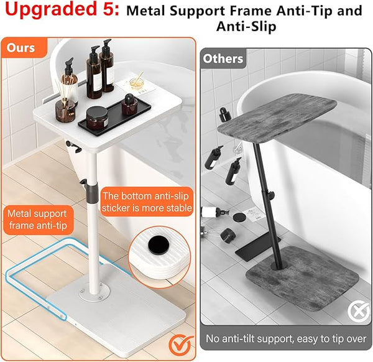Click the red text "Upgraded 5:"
click(62, 9)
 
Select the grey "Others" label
click(223, 58)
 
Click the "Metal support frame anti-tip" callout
click(37, 220)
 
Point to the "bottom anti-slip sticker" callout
click(147, 202)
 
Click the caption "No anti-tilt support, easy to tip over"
click(286, 338)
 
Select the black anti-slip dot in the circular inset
click(159, 244)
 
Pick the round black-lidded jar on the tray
click(97, 118)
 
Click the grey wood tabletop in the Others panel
click(277, 119)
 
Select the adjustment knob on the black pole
click(271, 195)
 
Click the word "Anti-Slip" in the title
click(246, 26)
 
